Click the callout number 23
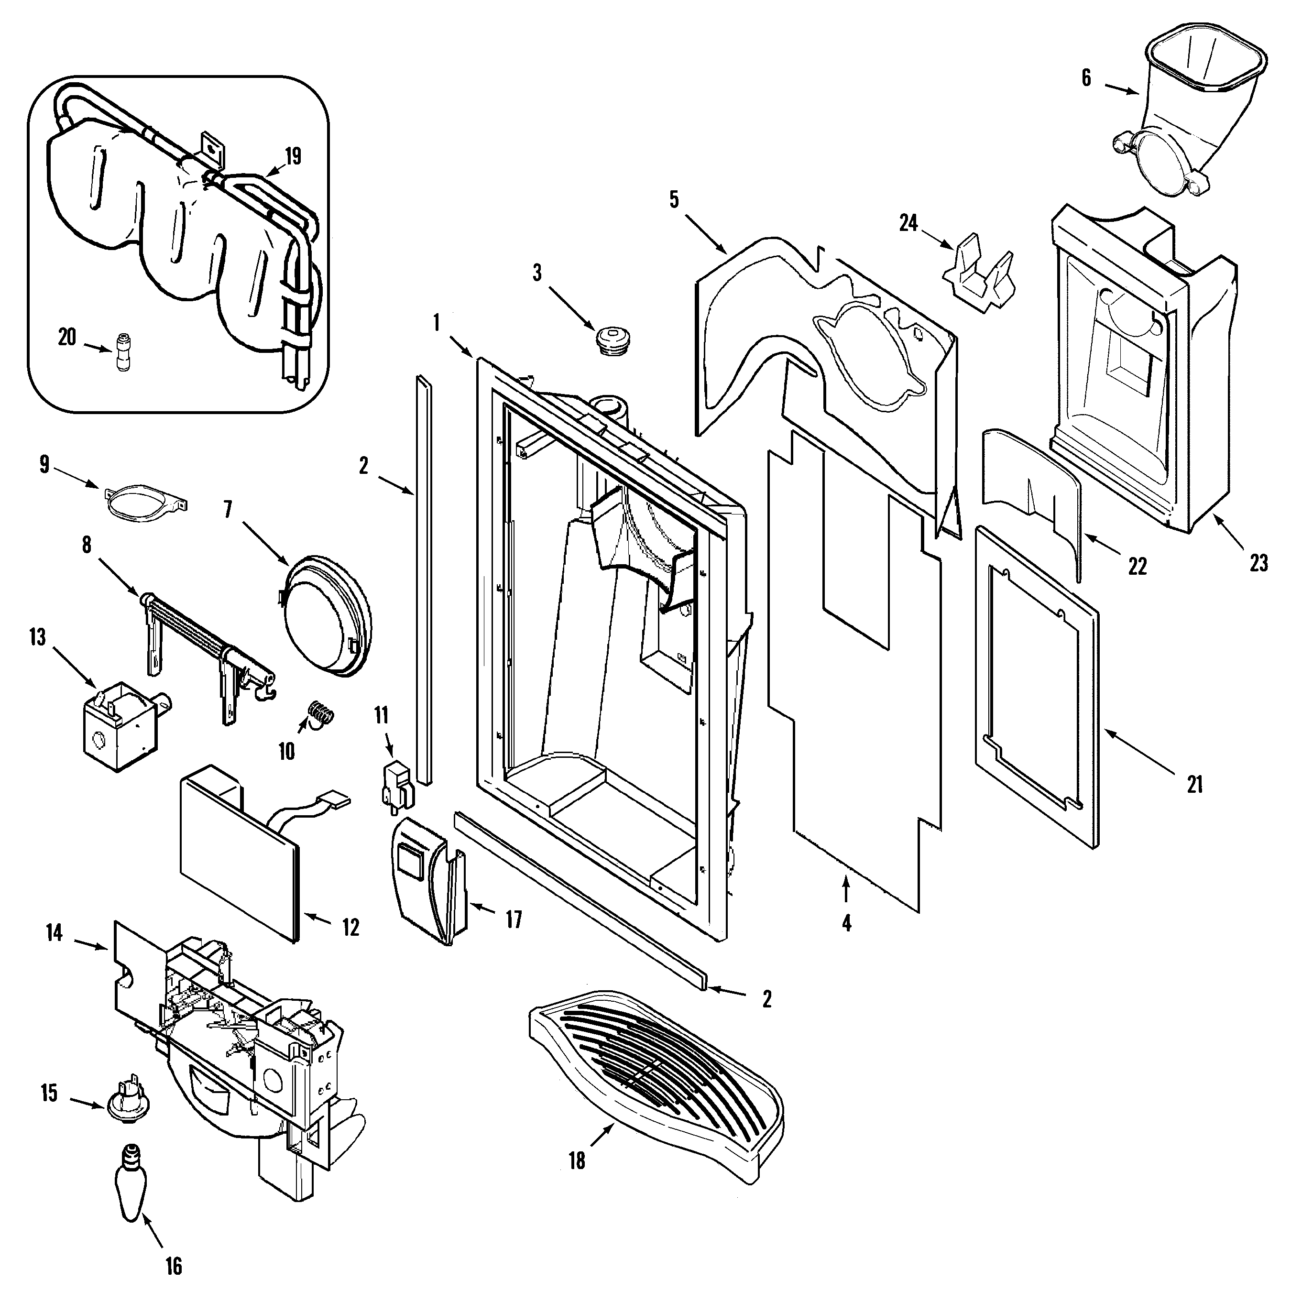click(1258, 563)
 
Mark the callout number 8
click(87, 545)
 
